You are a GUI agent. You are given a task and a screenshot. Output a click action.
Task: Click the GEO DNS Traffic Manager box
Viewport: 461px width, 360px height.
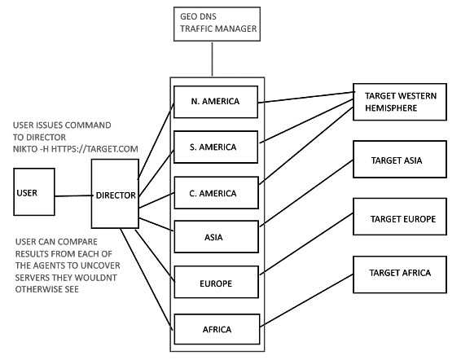(x=217, y=24)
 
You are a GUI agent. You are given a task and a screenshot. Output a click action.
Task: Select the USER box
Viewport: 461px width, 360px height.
(x=34, y=191)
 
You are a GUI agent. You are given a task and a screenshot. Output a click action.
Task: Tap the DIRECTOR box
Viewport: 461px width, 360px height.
(x=115, y=194)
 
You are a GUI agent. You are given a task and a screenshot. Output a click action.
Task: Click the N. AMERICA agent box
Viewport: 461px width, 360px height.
(x=216, y=102)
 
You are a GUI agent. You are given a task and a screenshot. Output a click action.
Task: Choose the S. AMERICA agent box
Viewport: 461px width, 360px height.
(x=216, y=147)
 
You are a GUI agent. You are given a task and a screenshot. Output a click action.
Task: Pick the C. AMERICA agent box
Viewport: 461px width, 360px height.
(x=217, y=193)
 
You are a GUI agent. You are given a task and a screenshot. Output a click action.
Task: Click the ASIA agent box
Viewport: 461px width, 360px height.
(x=217, y=237)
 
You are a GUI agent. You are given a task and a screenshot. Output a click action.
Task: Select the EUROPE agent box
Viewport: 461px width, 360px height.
(x=217, y=282)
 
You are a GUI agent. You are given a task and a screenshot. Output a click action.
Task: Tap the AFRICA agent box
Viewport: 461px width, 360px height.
(x=217, y=329)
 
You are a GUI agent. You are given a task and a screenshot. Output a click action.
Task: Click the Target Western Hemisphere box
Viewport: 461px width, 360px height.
(x=400, y=102)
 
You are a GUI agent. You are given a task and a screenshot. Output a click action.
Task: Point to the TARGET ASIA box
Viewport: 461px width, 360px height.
(x=400, y=159)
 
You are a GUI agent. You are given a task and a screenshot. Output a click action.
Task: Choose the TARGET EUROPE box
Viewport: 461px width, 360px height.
(x=400, y=217)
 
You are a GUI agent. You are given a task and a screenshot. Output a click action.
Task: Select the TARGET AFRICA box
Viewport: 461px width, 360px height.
(x=400, y=274)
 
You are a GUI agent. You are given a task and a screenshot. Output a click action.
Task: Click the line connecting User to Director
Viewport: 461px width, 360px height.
(x=73, y=195)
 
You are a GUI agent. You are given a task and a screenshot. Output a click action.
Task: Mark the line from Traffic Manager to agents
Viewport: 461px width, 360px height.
(x=212, y=59)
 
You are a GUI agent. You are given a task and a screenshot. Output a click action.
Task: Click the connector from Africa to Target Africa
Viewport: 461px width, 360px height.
(x=306, y=301)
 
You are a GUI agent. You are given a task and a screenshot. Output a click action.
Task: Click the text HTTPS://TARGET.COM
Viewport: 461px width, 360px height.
(x=94, y=149)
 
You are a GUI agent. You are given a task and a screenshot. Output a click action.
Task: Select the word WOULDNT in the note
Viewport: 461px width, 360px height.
(x=95, y=278)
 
